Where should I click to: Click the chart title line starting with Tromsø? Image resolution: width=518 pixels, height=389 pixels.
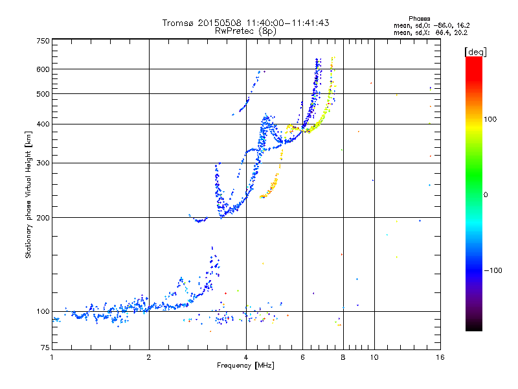pos(245,23)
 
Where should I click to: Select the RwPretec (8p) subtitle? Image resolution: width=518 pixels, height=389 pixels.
pos(246,30)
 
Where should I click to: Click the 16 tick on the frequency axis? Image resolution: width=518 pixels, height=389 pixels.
pos(440,357)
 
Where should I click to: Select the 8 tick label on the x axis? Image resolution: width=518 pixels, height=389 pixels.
pos(343,357)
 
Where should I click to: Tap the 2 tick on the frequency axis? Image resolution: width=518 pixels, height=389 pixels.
pos(149,357)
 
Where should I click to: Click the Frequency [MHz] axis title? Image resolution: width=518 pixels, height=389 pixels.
pos(245,366)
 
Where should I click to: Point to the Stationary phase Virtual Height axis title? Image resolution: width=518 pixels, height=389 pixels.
pos(28,194)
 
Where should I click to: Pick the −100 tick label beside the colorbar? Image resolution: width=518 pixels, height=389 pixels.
pos(494,270)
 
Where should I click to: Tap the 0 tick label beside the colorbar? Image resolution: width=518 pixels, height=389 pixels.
pos(487,194)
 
